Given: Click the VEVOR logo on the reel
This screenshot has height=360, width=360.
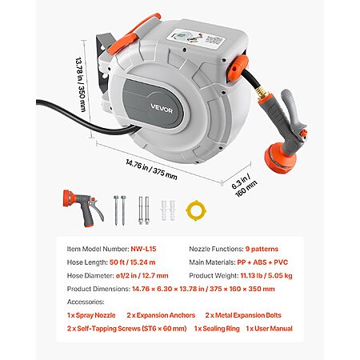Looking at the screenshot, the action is pyautogui.click(x=162, y=109).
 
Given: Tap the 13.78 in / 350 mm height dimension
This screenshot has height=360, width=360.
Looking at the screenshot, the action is pyautogui.click(x=81, y=84).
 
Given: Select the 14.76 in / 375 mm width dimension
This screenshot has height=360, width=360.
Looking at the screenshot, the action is pyautogui.click(x=151, y=170).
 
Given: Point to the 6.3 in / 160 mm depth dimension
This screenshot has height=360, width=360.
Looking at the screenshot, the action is pyautogui.click(x=244, y=185).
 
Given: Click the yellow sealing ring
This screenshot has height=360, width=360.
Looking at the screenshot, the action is pyautogui.click(x=196, y=210).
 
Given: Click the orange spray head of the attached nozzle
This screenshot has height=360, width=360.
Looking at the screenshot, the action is pyautogui.click(x=280, y=158).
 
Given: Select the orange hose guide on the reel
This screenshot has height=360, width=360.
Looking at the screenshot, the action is pyautogui.click(x=238, y=68).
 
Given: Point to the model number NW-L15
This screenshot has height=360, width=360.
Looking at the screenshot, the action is pyautogui.click(x=143, y=249).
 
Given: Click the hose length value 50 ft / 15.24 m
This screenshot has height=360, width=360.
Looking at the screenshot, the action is pyautogui.click(x=132, y=262).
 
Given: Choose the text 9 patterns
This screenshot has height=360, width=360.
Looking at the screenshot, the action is pyautogui.click(x=262, y=249).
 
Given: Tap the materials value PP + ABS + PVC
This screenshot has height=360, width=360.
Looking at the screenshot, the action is pyautogui.click(x=262, y=262).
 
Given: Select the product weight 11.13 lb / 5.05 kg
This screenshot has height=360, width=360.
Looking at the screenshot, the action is pyautogui.click(x=266, y=275).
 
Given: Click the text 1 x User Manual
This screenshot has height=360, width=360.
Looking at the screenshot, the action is pyautogui.click(x=269, y=329).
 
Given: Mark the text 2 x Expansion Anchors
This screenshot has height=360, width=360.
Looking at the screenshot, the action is pyautogui.click(x=161, y=315).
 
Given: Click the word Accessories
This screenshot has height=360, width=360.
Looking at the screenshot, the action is pyautogui.click(x=86, y=302).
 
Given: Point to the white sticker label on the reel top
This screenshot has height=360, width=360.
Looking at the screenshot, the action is pyautogui.click(x=197, y=39).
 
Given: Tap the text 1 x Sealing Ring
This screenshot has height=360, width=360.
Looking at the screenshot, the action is pyautogui.click(x=217, y=329).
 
